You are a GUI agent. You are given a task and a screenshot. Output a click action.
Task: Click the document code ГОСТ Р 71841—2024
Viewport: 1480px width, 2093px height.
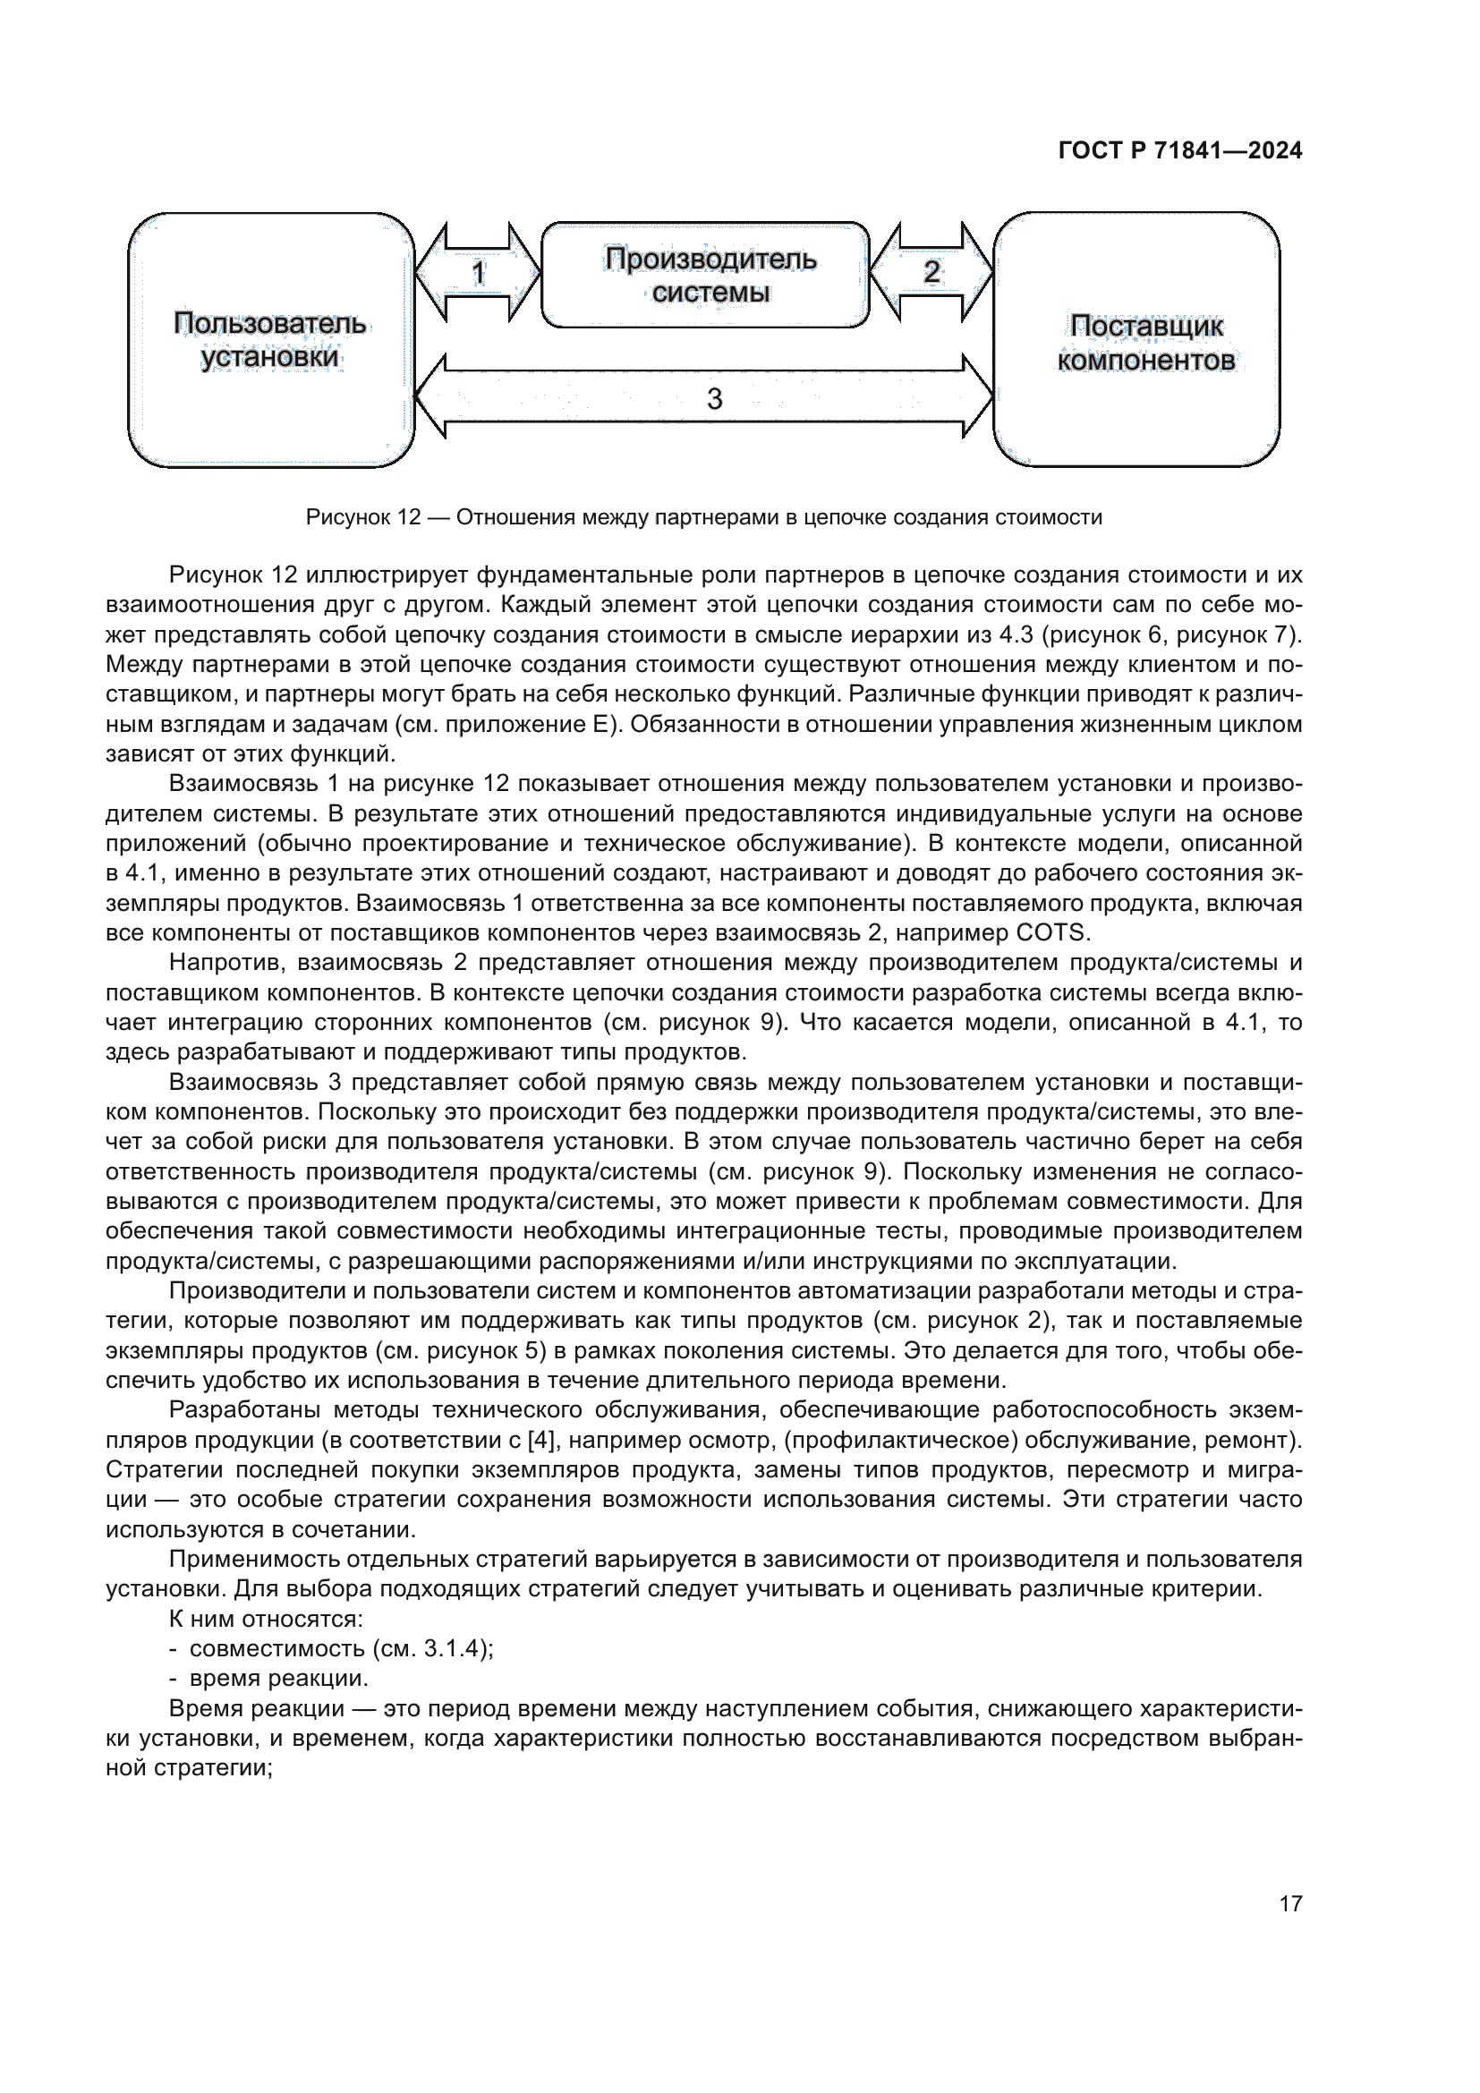[1179, 150]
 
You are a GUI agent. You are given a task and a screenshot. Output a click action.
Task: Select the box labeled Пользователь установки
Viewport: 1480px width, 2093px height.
[270, 340]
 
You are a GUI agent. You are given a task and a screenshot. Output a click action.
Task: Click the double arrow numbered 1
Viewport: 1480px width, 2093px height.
[478, 273]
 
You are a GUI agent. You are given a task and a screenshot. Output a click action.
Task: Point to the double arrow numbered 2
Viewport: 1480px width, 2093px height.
[931, 272]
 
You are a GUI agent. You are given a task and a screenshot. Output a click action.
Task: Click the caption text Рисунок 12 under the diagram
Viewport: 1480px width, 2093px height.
[702, 518]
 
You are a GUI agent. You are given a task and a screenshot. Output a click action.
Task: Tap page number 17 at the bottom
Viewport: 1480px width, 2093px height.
[1289, 1903]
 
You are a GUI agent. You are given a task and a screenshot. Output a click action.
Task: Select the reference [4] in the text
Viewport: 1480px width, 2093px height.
[540, 1441]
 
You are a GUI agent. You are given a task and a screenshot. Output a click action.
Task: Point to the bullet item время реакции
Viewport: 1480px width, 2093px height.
[278, 1678]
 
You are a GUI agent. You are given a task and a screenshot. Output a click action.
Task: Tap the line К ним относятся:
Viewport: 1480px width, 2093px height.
[266, 1619]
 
